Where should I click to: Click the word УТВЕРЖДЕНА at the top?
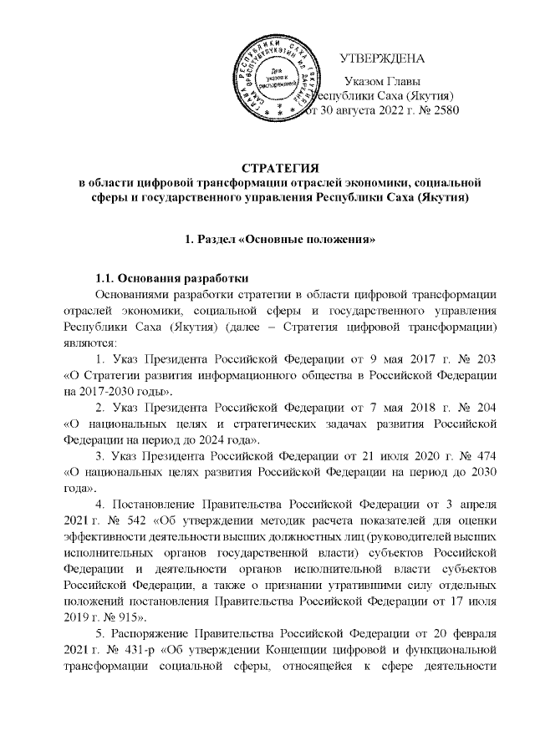[x=383, y=59]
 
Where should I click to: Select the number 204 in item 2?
[x=485, y=408]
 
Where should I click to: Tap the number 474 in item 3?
[x=485, y=456]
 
